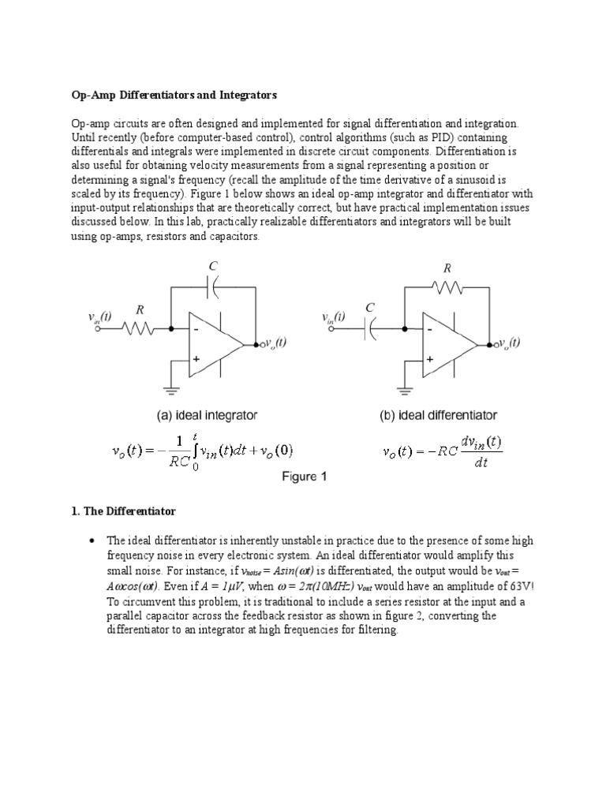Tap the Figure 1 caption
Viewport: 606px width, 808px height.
[x=304, y=477]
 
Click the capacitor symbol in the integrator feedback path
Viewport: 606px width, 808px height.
[x=211, y=290]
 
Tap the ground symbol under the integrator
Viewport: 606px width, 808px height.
[x=170, y=387]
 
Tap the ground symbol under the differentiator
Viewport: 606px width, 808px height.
[x=406, y=387]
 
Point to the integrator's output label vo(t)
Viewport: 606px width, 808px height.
[x=275, y=343]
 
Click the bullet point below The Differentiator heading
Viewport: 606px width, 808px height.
[x=92, y=541]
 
